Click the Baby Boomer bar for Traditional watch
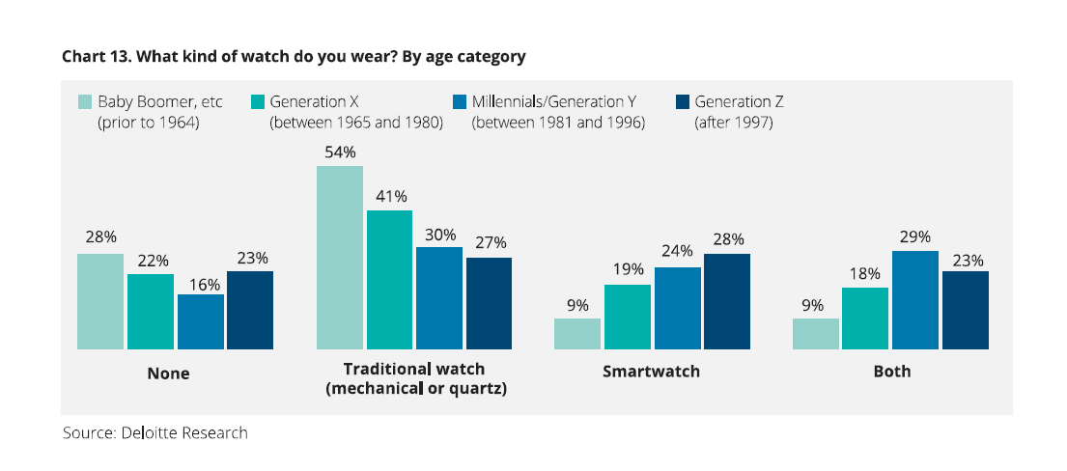click(x=340, y=258)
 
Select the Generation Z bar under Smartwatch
click(x=727, y=301)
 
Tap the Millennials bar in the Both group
click(x=915, y=300)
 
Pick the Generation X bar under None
click(x=151, y=312)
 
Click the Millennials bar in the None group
click(x=201, y=321)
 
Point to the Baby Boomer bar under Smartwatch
click(x=577, y=334)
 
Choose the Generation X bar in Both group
click(x=865, y=319)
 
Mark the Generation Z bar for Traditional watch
click(x=490, y=303)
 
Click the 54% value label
click(x=340, y=152)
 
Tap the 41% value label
click(x=390, y=197)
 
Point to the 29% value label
click(x=915, y=237)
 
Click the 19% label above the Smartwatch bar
click(x=628, y=272)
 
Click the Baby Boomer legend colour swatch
click(x=85, y=101)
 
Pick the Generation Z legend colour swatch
click(x=683, y=101)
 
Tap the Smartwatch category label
click(x=652, y=372)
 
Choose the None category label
click(x=168, y=374)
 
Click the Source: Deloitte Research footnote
click(x=155, y=432)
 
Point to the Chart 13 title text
click(x=294, y=56)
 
